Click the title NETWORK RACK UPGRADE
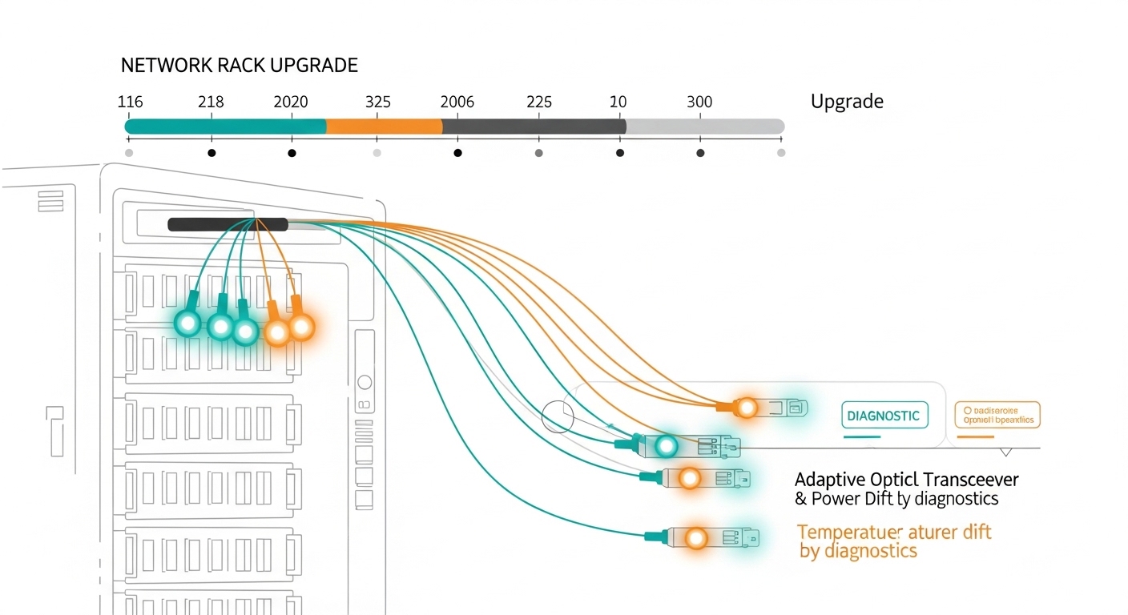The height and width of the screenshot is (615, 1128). [239, 66]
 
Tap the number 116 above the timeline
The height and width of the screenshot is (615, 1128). [130, 102]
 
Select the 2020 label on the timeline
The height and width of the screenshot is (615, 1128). [290, 102]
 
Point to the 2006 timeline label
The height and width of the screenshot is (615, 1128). [457, 102]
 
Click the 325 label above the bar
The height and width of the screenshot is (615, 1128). [377, 102]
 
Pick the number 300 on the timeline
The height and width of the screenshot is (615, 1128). [699, 102]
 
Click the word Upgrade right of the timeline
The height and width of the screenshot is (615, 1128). [847, 102]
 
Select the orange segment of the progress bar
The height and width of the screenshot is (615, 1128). [384, 127]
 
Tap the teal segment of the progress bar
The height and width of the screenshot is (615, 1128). [225, 127]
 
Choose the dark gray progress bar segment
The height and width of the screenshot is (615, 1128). [533, 127]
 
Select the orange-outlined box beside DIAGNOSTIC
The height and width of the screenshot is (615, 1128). [997, 415]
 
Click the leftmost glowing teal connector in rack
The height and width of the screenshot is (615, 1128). [188, 324]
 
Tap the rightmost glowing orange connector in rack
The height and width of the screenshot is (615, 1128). [301, 327]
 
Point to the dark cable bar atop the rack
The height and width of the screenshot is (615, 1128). [228, 224]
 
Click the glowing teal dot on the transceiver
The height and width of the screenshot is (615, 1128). [666, 445]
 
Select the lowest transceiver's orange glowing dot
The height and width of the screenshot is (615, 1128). [696, 538]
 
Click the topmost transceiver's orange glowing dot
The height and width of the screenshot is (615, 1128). [747, 408]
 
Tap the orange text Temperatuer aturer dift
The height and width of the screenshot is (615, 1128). [894, 533]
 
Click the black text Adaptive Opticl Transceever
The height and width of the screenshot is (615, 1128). [906, 480]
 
